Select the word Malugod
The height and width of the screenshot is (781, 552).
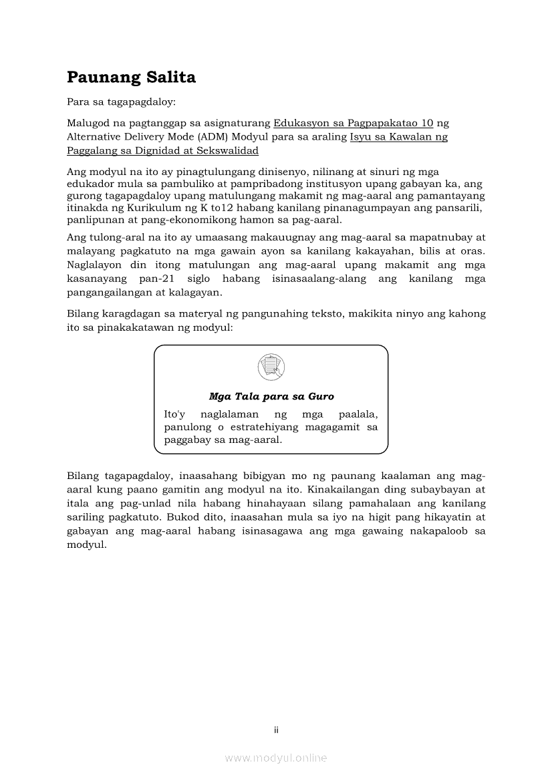[x=88, y=124]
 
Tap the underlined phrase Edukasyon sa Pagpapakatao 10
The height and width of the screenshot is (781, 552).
[x=354, y=124]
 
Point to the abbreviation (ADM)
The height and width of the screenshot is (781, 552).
[x=212, y=137]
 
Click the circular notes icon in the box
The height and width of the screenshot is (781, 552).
[x=271, y=367]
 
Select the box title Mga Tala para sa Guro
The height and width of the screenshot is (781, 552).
[x=271, y=396]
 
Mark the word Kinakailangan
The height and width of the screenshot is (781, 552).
[x=339, y=490]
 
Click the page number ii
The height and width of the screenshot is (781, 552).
[x=276, y=730]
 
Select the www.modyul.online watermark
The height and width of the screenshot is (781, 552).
[x=276, y=758]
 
